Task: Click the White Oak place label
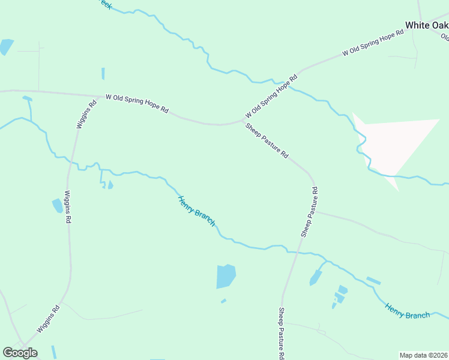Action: click(426, 25)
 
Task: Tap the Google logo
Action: click(20, 353)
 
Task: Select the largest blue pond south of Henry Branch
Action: click(226, 277)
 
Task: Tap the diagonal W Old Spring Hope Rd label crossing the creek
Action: click(271, 97)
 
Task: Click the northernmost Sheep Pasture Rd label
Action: click(267, 140)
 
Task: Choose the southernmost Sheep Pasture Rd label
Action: click(281, 333)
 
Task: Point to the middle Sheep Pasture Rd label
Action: click(309, 212)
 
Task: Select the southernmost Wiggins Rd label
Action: click(48, 319)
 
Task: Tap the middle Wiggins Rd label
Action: click(67, 207)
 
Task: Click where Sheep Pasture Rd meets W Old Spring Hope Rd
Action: click(241, 121)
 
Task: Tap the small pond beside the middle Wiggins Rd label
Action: click(57, 206)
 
